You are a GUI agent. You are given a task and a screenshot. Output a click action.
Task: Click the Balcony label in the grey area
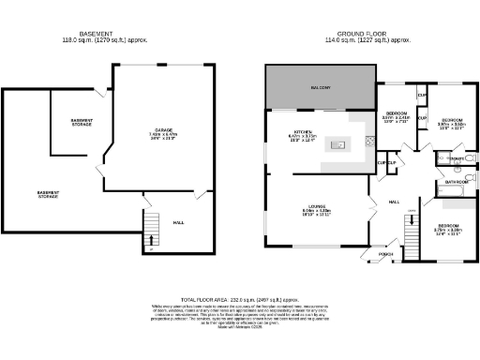tap(321, 88)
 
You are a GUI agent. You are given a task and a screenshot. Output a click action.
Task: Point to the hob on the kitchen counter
tap(370, 142)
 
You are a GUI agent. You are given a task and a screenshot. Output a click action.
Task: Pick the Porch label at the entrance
tap(385, 254)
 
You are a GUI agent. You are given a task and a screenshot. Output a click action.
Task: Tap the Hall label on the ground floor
tap(394, 202)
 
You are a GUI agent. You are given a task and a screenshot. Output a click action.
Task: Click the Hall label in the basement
tap(178, 222)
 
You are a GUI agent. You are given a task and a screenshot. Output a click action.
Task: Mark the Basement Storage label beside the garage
tap(82, 123)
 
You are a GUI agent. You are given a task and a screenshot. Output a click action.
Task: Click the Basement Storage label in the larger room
tap(48, 194)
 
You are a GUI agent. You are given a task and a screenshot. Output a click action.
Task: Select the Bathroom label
tap(457, 182)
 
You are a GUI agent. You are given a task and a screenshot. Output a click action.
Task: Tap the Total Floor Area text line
tap(239, 297)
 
